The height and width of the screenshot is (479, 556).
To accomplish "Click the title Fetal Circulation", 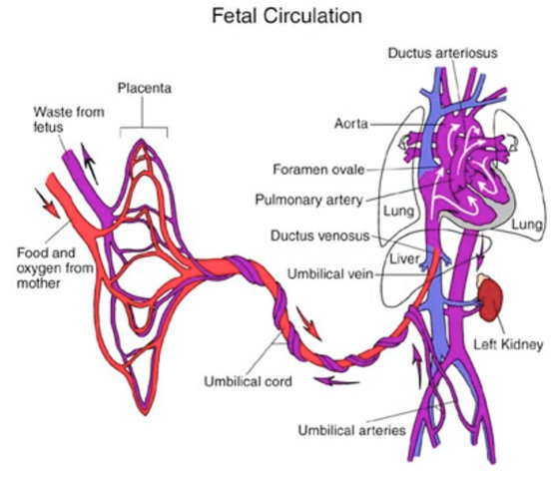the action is [286, 16].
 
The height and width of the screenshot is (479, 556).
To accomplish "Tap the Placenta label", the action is [145, 88].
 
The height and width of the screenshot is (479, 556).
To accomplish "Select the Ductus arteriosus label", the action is [442, 53].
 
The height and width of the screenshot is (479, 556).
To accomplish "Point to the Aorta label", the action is [351, 124].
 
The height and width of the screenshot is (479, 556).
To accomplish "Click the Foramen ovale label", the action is [318, 170].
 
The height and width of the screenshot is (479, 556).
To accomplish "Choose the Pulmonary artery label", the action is [308, 200].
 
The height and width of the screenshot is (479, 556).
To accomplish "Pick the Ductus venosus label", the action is [319, 236].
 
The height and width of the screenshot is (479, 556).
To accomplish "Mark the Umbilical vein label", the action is [330, 274].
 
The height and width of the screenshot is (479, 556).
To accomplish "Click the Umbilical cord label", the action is [248, 381].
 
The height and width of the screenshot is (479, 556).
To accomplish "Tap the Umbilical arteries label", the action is [351, 430].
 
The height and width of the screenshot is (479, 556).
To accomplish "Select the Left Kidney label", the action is [508, 344].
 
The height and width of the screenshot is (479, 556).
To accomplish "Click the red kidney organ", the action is [491, 299].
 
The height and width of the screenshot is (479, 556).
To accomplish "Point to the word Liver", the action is [404, 259].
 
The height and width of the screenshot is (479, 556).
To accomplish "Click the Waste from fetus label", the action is [69, 120].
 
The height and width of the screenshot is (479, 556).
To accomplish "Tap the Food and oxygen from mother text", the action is [55, 268].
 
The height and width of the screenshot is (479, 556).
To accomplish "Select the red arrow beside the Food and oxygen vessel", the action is [47, 203].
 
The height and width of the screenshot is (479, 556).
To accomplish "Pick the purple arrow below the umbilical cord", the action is [336, 381].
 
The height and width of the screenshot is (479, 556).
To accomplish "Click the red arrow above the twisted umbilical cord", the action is [308, 323].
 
